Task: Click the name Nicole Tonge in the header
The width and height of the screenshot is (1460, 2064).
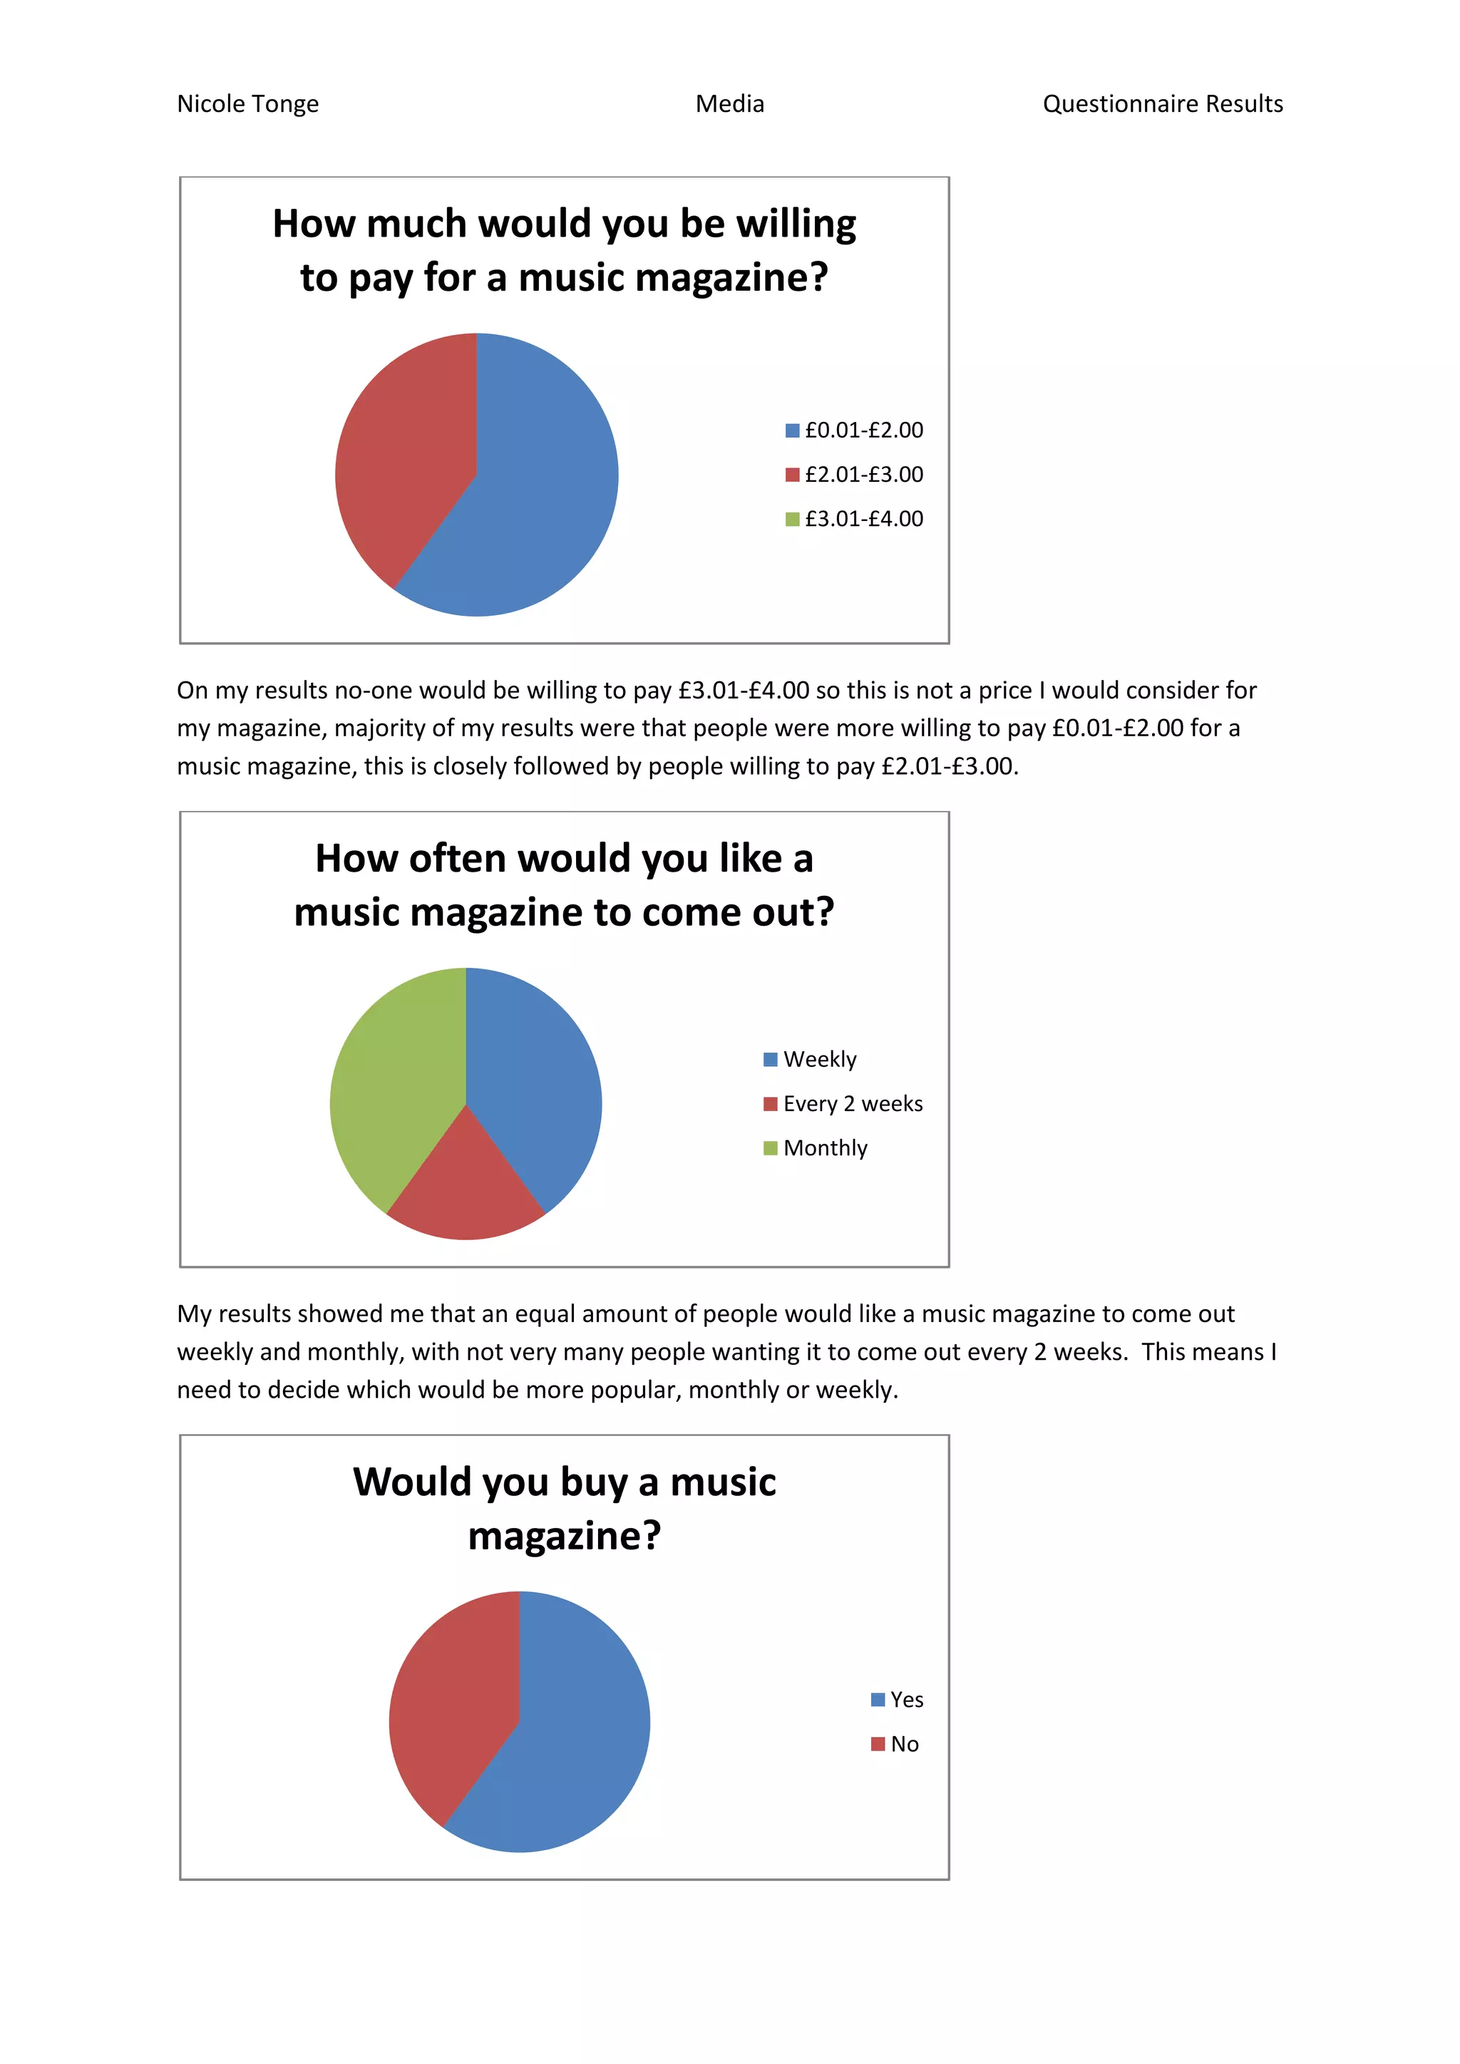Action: point(247,104)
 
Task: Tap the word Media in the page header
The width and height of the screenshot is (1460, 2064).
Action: point(729,104)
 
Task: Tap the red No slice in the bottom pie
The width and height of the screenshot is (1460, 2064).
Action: point(450,1699)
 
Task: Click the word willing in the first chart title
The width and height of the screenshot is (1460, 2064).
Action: point(796,225)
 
